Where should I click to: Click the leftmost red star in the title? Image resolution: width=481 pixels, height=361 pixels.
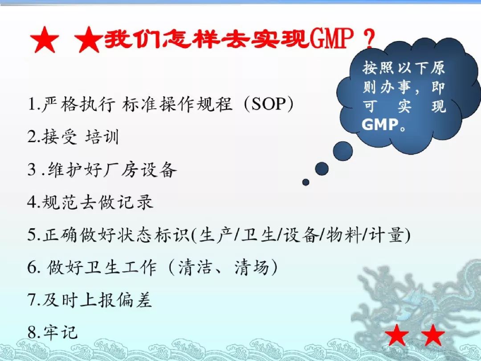(x=45, y=40)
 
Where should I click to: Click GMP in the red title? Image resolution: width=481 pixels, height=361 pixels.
(x=331, y=39)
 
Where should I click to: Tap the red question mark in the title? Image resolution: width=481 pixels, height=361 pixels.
(x=368, y=38)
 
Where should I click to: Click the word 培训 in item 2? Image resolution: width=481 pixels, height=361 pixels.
(x=102, y=137)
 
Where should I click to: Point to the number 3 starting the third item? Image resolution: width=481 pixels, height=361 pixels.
(x=32, y=170)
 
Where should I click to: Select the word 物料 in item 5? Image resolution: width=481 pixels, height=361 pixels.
(x=343, y=235)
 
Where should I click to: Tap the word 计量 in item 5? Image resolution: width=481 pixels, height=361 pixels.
(x=386, y=235)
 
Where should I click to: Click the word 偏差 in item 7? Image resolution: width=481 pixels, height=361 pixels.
(x=135, y=299)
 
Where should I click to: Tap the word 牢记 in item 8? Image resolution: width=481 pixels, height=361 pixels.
(x=60, y=332)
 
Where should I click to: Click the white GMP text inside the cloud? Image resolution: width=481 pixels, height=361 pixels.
(x=380, y=125)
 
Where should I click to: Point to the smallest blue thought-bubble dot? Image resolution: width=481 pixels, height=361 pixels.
(x=306, y=182)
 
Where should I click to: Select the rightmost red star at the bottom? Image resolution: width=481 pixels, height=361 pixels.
(x=432, y=335)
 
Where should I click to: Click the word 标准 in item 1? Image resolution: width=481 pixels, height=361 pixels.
(x=139, y=104)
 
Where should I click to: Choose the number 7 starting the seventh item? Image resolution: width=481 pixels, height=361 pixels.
(x=32, y=300)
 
